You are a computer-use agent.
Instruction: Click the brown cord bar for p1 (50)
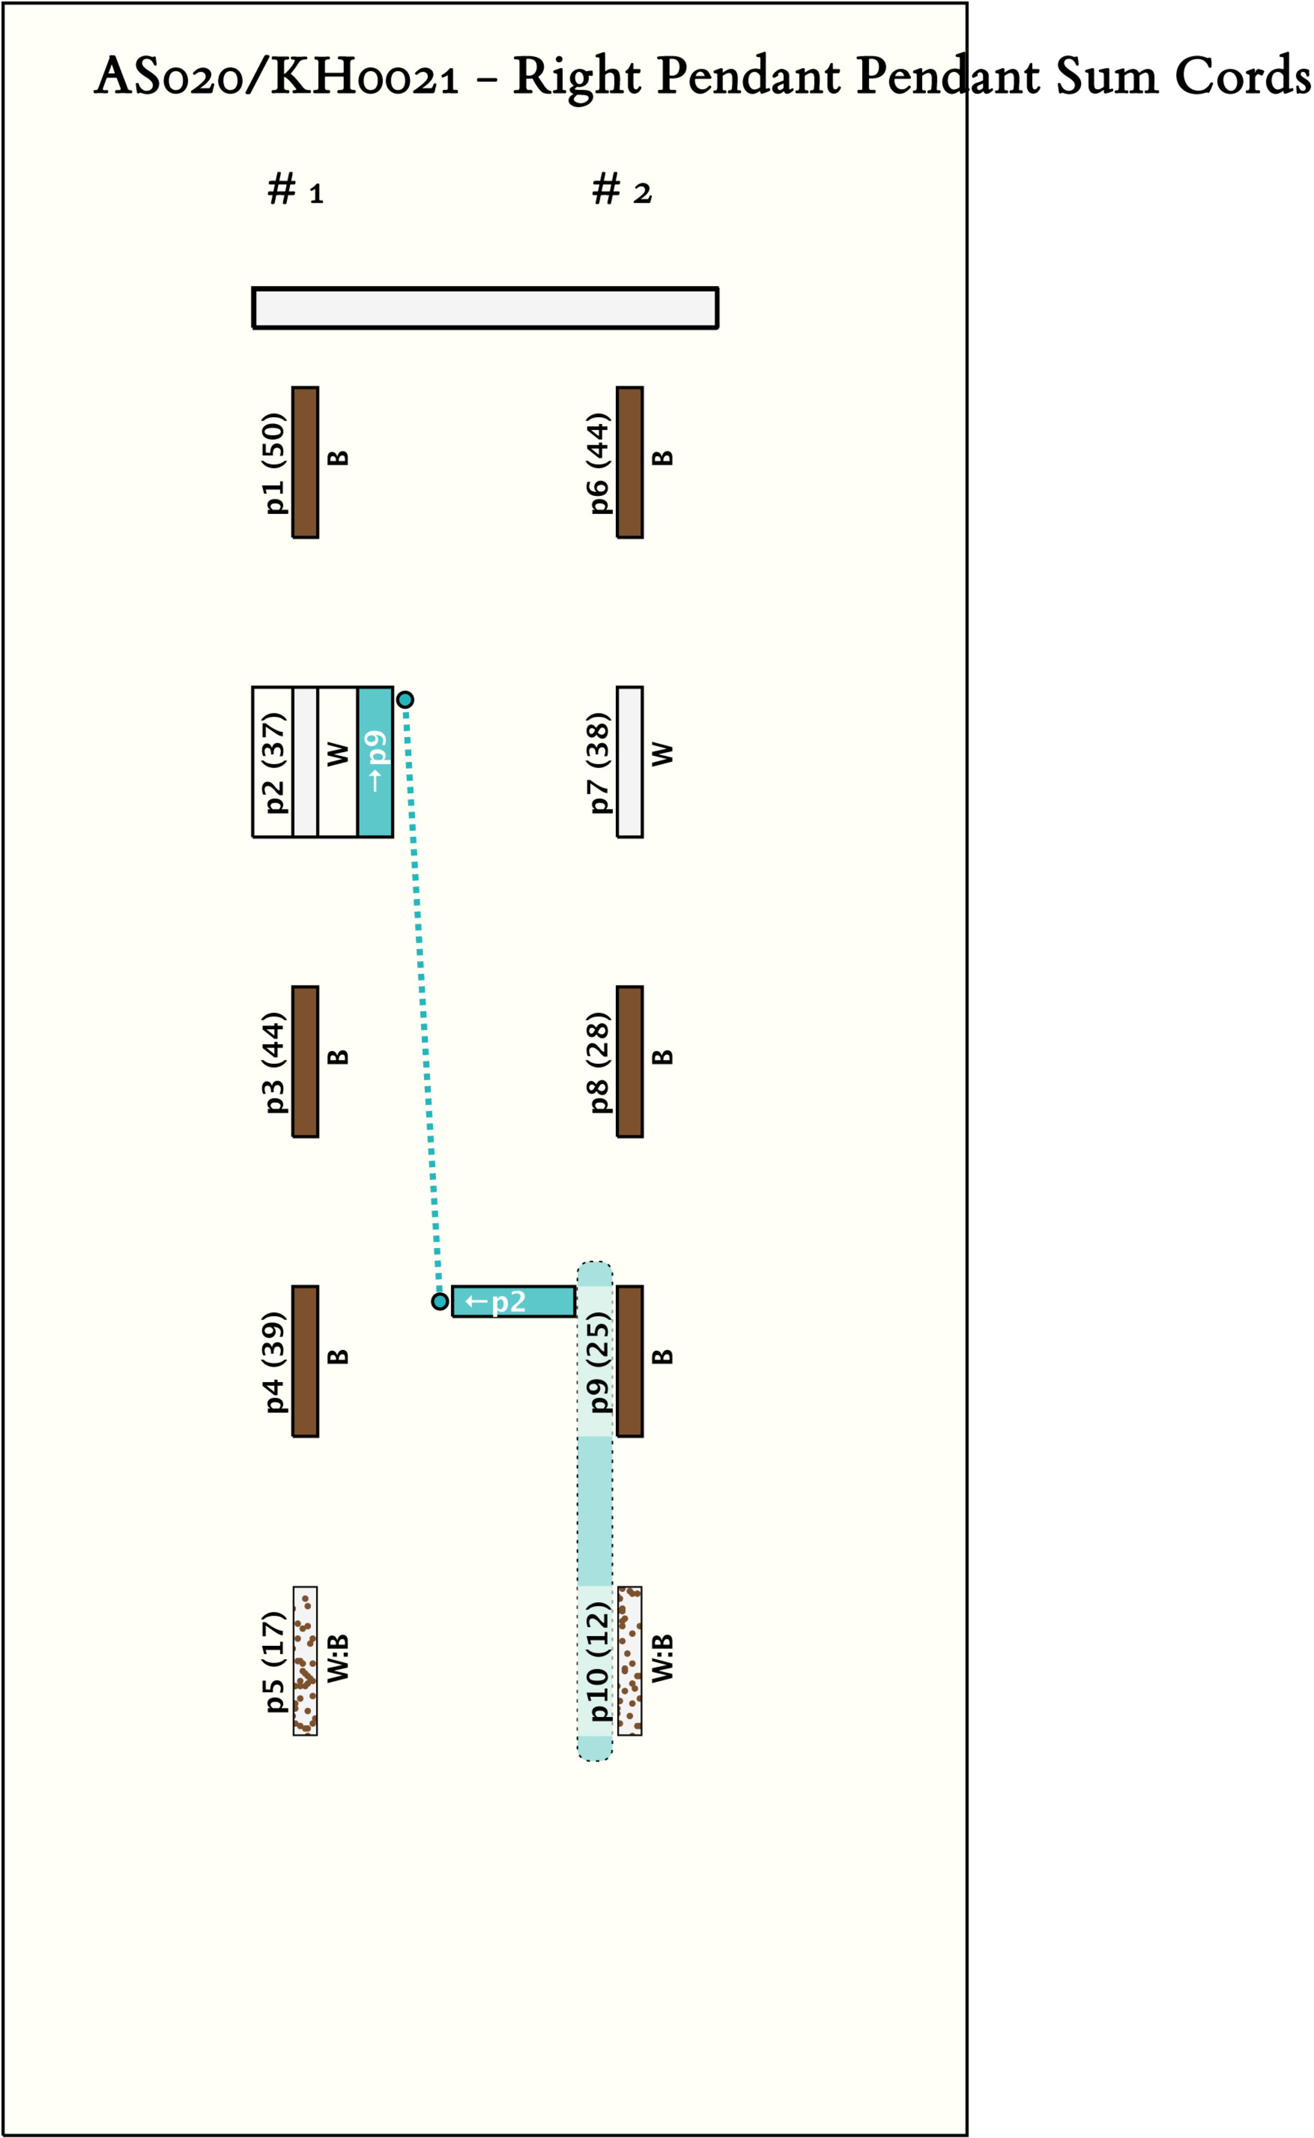pos(305,463)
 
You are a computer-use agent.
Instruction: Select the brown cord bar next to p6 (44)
pos(629,463)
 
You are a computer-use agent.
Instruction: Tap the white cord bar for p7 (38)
pos(629,762)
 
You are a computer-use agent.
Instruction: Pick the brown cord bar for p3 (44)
pos(305,1061)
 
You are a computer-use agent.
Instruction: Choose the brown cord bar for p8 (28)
pos(629,1061)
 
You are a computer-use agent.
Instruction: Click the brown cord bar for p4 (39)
pos(305,1361)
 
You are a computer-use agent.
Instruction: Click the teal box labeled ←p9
pos(375,762)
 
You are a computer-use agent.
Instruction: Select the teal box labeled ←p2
pos(513,1301)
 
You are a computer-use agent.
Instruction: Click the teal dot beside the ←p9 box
pos(405,699)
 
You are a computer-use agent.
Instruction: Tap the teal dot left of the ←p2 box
pos(439,1301)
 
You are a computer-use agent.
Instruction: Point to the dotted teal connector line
pos(422,1000)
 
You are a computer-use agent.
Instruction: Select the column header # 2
pos(620,189)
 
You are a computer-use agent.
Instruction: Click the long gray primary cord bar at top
pos(485,307)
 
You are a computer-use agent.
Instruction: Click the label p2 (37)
pos(274,762)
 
